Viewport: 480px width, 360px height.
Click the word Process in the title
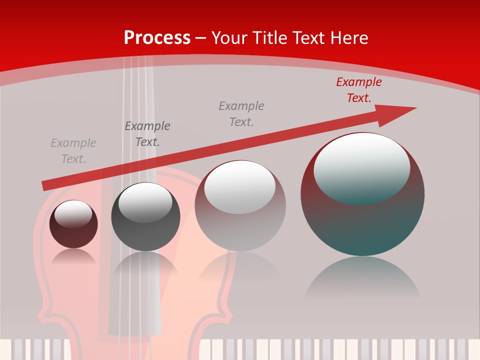coord(157,38)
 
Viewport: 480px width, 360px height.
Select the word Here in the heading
coord(349,38)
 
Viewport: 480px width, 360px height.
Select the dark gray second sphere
coord(145,230)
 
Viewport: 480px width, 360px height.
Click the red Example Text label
coord(359,90)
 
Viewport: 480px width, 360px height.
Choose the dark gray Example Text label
coord(147,134)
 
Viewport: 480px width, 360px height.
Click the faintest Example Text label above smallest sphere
coord(73,151)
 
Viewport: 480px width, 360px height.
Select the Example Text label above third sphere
coord(241,113)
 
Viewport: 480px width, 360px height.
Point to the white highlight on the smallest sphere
coord(73,214)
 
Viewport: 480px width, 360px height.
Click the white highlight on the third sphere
coord(240,186)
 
